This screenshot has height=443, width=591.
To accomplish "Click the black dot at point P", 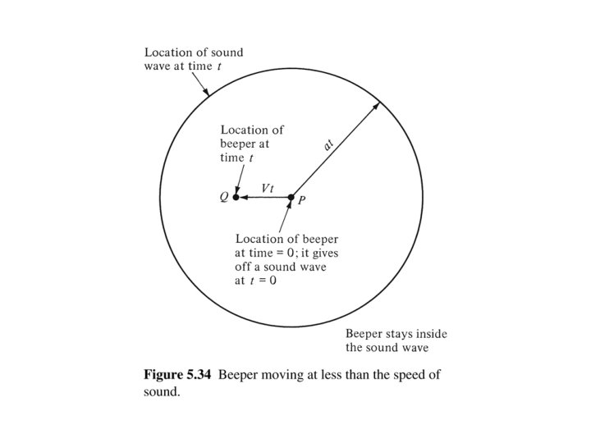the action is click(291, 197).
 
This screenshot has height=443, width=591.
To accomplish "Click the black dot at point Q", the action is click(236, 197).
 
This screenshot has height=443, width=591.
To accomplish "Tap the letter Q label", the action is click(222, 197).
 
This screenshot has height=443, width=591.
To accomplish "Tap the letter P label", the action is click(301, 202).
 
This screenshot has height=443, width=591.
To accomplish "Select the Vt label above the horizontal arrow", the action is click(268, 188).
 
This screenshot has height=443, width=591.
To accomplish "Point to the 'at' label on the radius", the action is click(328, 144).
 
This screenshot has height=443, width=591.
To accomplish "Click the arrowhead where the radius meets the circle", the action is click(376, 105).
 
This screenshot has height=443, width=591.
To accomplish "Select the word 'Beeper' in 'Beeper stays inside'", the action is click(364, 334).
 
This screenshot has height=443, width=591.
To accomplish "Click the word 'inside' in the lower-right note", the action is click(431, 334).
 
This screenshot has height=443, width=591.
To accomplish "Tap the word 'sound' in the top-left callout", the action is click(226, 53).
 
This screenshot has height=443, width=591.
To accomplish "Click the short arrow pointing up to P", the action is click(287, 215).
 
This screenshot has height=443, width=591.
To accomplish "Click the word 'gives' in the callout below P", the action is click(322, 253).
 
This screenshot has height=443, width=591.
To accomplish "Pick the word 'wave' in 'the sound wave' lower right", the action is click(431, 347).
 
